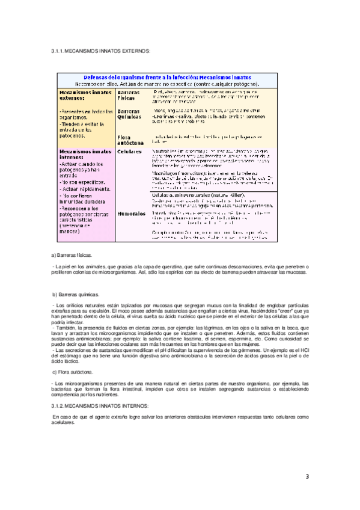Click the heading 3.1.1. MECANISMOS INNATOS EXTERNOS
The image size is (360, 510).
100,52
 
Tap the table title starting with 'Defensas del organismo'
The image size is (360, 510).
167,78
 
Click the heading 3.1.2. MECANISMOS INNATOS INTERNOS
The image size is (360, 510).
99,407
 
